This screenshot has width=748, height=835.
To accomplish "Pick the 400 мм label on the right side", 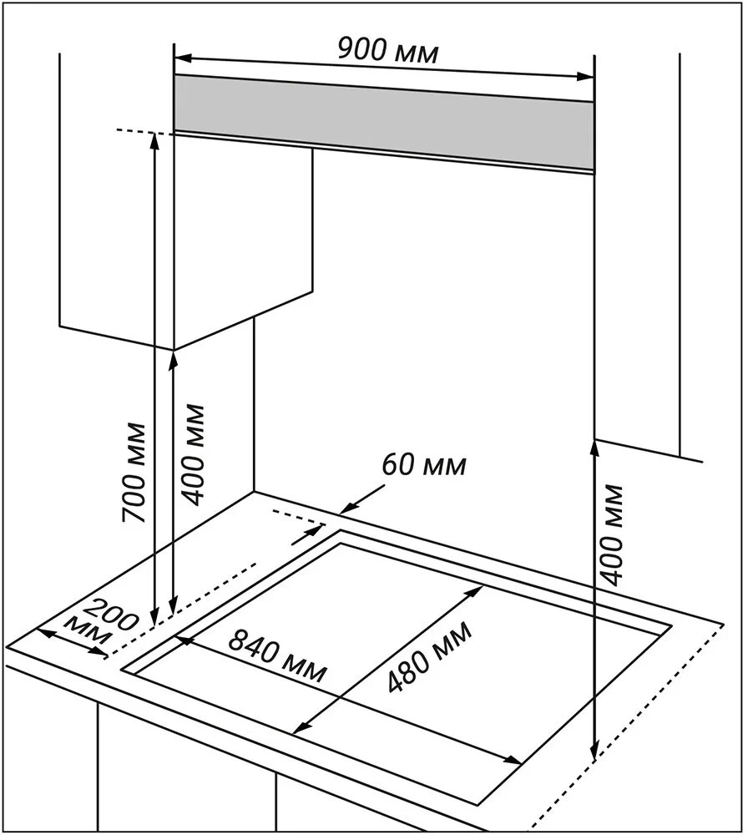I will [x=614, y=534].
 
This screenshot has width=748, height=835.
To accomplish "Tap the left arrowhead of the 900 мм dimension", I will [x=182, y=58].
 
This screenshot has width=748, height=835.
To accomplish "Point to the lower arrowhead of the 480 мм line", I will [x=298, y=729].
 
